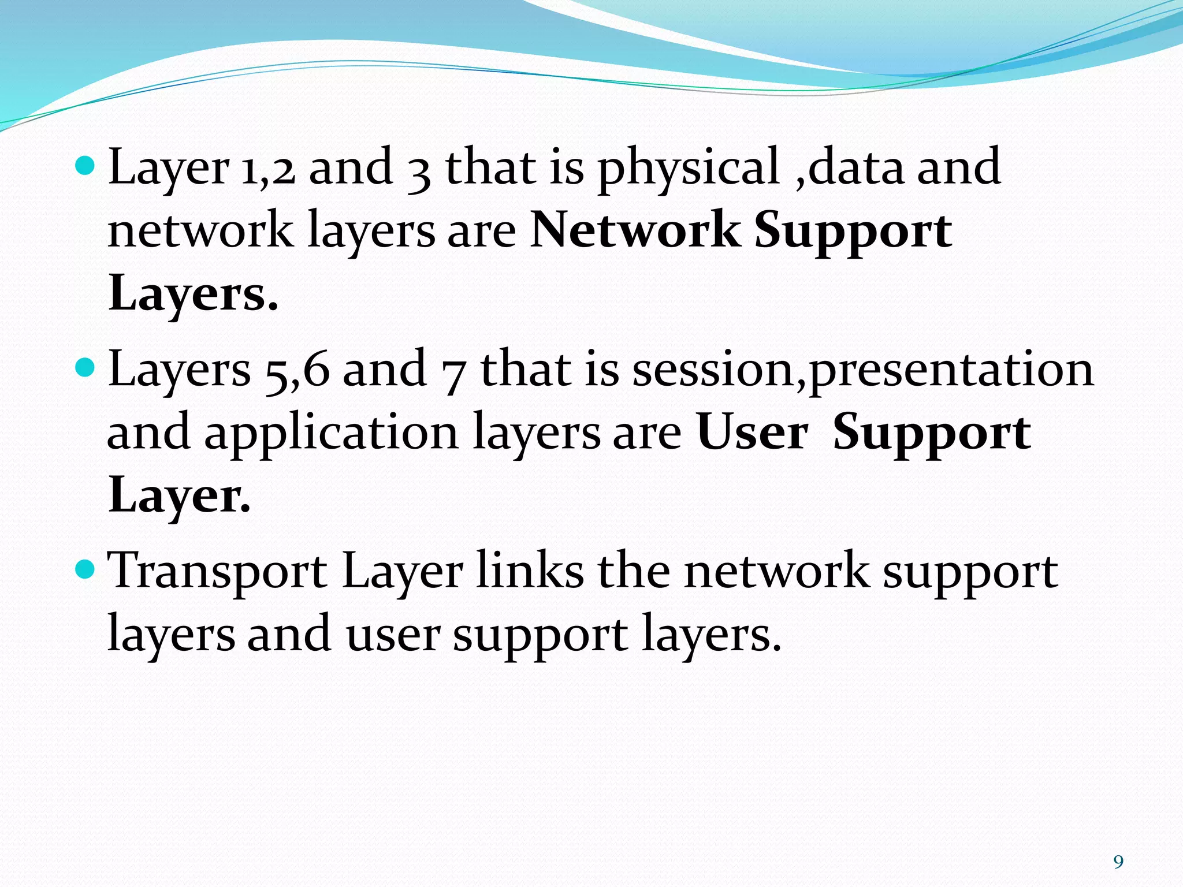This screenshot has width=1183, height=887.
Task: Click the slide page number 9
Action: click(1118, 862)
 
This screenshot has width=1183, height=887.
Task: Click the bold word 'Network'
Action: click(635, 230)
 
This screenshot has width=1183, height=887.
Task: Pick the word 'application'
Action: click(331, 434)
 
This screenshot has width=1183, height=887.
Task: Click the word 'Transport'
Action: click(218, 573)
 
